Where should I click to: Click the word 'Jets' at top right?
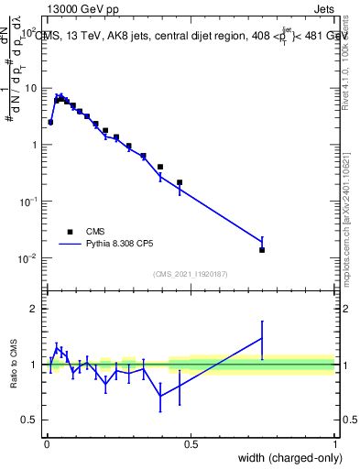(324, 10)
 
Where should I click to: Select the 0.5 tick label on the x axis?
(191, 444)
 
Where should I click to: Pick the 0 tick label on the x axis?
(47, 444)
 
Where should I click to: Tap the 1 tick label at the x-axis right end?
(335, 444)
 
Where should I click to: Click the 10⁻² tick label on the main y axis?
(25, 258)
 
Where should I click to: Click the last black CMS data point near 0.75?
(262, 250)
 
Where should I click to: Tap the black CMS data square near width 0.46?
(180, 182)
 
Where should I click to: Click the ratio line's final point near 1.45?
(262, 338)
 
